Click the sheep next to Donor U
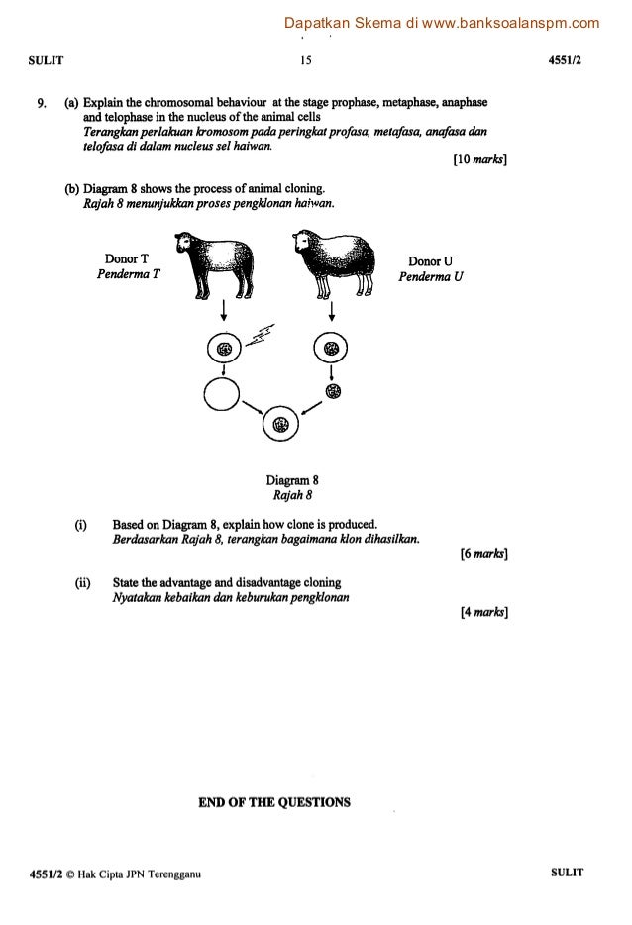(x=335, y=262)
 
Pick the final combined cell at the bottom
(x=281, y=424)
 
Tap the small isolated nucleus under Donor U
(x=332, y=389)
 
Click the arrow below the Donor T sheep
(x=224, y=310)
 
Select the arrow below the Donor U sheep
(x=331, y=310)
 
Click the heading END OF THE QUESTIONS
(x=274, y=802)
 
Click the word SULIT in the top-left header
(x=47, y=59)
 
